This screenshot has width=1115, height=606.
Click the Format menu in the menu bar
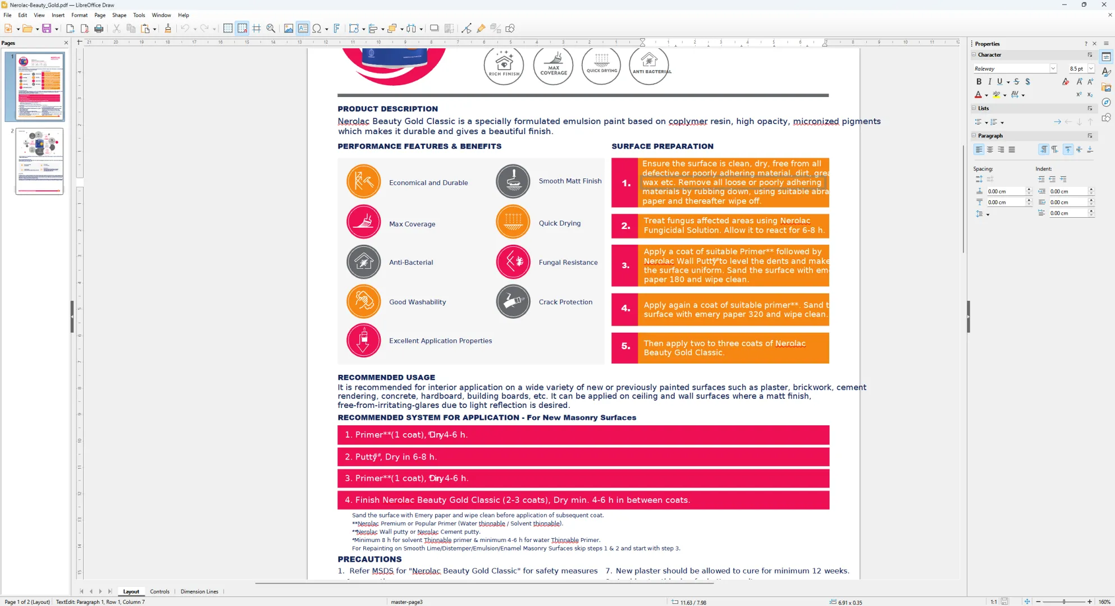[79, 15]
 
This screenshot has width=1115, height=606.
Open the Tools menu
[139, 15]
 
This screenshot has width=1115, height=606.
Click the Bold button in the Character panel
[979, 82]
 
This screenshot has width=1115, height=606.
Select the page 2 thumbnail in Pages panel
[40, 161]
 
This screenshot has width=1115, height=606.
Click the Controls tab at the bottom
[159, 591]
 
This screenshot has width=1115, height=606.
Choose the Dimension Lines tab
[199, 591]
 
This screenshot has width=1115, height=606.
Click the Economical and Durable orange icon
[363, 182]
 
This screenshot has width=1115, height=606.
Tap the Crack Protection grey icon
[513, 302]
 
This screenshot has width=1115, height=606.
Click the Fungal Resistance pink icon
[513, 262]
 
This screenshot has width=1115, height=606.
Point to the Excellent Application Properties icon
[363, 341]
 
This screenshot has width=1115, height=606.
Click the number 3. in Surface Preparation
[625, 265]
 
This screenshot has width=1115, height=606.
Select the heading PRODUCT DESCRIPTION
[387, 109]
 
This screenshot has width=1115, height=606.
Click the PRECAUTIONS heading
[369, 559]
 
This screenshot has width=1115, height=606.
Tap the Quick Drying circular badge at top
[601, 66]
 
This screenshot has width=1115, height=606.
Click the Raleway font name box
[1011, 68]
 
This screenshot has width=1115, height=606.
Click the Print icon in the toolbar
[99, 29]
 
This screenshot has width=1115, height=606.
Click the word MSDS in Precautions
[382, 571]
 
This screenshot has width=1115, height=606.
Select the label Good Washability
[417, 302]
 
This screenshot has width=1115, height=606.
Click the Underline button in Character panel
[999, 82]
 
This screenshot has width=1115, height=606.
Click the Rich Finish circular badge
[504, 66]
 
